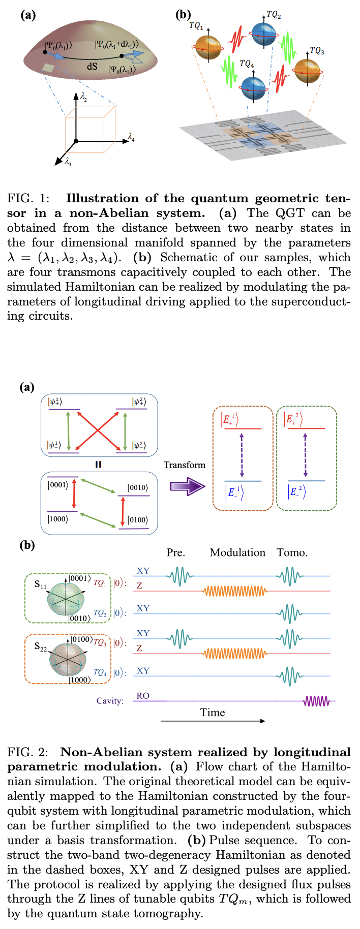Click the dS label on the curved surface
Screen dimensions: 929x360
92,66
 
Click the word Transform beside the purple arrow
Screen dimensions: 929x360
185,464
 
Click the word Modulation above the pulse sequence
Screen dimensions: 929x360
237,552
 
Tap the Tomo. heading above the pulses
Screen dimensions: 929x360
292,552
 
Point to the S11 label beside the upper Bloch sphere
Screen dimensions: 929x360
40,585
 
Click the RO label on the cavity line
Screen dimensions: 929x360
143,696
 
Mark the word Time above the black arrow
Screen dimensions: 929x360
213,713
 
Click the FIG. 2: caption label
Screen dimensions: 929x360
28,752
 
